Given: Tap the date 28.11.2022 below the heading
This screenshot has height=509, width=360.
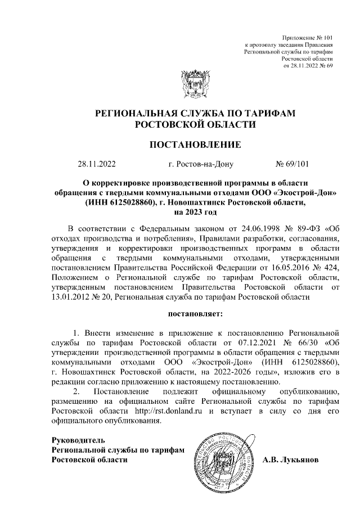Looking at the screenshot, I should [x=96, y=165].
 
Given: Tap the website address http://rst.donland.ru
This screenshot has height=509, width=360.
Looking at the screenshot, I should [x=168, y=412].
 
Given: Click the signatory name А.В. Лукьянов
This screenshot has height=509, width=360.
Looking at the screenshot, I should [x=290, y=460].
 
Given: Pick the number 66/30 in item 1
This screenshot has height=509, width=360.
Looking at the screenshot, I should [x=304, y=341].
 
